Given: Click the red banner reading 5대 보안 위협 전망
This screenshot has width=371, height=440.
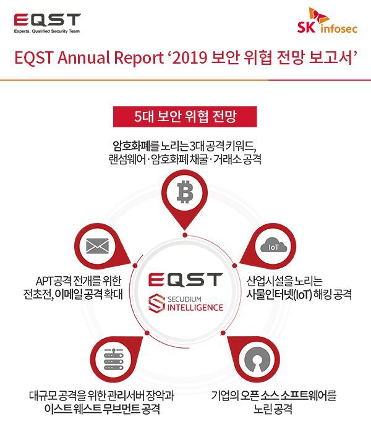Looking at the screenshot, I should point(185,116).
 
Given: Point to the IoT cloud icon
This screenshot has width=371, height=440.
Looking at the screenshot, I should point(273,247).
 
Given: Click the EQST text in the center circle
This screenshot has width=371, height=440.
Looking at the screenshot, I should point(185,279).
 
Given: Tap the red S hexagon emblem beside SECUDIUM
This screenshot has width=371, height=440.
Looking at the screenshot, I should point(156,303).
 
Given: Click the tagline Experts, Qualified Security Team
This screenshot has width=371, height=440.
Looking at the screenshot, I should point(47,30).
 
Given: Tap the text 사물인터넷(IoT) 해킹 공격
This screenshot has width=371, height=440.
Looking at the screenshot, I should point(299,294).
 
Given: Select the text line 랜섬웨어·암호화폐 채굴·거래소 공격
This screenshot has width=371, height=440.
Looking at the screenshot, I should point(185,159).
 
